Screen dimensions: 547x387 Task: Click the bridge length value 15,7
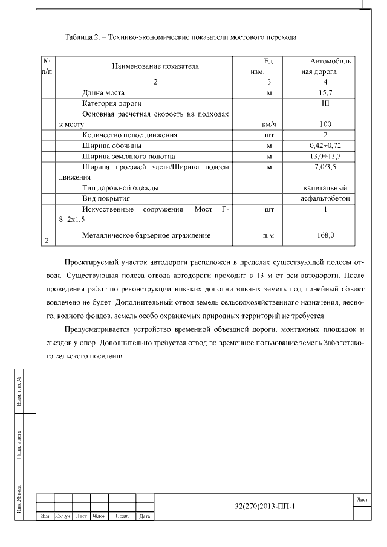coord(325,93)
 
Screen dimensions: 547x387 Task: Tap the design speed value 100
coord(325,125)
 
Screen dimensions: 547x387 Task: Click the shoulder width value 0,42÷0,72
coord(325,146)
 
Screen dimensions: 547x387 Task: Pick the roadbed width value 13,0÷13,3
coord(325,157)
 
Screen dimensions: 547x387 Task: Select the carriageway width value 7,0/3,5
coord(325,167)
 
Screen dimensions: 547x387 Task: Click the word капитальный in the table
coord(325,188)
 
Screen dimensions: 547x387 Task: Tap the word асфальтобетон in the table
coord(325,198)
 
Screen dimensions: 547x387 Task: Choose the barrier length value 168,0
coord(325,235)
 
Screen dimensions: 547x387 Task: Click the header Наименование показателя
coord(155,66)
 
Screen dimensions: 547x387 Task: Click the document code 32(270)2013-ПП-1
coord(268,507)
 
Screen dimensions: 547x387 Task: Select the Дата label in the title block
coord(145,517)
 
